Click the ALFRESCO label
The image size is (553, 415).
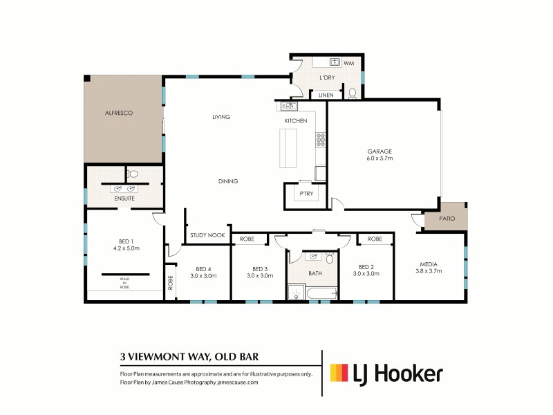[x=118, y=112]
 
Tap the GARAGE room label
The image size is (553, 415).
[x=379, y=151]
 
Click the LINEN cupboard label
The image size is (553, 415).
[x=326, y=95]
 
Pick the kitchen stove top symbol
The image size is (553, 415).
[x=321, y=140]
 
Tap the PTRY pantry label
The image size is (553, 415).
[x=306, y=194]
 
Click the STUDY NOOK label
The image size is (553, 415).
[x=208, y=236]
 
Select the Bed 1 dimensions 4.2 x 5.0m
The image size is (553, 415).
[x=126, y=248]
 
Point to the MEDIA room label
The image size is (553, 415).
[x=431, y=264]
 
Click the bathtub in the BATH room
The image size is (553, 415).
[x=315, y=295]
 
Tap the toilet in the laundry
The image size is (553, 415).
[x=352, y=93]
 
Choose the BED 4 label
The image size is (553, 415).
[x=203, y=268]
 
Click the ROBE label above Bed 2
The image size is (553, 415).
[x=375, y=239]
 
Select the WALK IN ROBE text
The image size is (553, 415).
[x=124, y=282]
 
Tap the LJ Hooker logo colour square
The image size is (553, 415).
[x=339, y=373]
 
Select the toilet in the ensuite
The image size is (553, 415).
[x=133, y=174]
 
